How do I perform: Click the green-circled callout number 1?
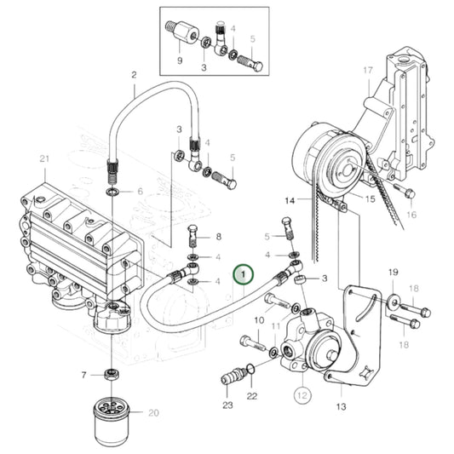click(x=244, y=274)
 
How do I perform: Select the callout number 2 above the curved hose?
click(x=134, y=75)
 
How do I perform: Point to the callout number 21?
click(x=45, y=159)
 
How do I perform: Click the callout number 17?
click(x=368, y=70)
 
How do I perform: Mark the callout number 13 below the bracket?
click(x=341, y=407)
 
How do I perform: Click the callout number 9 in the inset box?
click(x=180, y=60)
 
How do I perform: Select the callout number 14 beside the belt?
click(x=290, y=201)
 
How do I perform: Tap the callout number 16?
click(x=411, y=216)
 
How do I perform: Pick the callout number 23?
click(x=227, y=405)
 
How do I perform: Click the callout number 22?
click(x=251, y=397)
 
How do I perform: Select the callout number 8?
click(x=217, y=237)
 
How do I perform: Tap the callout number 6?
click(x=141, y=193)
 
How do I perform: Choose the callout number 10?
click(x=259, y=319)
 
